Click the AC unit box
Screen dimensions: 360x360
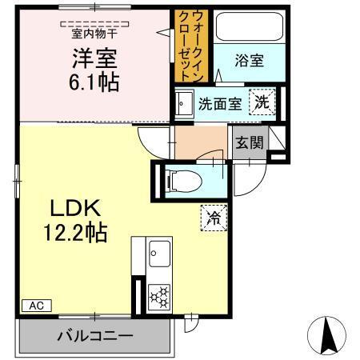coord(37,306)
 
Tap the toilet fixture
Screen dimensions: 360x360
coord(183,182)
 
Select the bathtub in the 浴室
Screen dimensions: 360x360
coord(250,26)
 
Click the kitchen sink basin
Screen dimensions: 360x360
coord(159,254)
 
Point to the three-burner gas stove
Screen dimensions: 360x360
coord(159,297)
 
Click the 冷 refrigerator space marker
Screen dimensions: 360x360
coord(214,218)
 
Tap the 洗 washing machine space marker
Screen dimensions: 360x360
coord(262,102)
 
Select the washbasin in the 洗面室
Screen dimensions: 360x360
coord(183,104)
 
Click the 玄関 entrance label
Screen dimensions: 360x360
coord(250,142)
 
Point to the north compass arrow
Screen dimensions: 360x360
coord(327,335)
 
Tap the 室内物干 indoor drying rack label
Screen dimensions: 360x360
coord(94,34)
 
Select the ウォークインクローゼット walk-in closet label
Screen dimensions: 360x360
coord(191,46)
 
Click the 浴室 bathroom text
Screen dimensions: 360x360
coord(250,61)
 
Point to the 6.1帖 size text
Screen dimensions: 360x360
coord(94,82)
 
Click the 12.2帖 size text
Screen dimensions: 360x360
coord(76,233)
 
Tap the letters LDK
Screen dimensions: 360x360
coord(76,208)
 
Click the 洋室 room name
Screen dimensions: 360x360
coord(94,58)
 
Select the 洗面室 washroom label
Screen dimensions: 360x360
coord(220,104)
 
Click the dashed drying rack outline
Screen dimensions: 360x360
coord(94,24)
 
